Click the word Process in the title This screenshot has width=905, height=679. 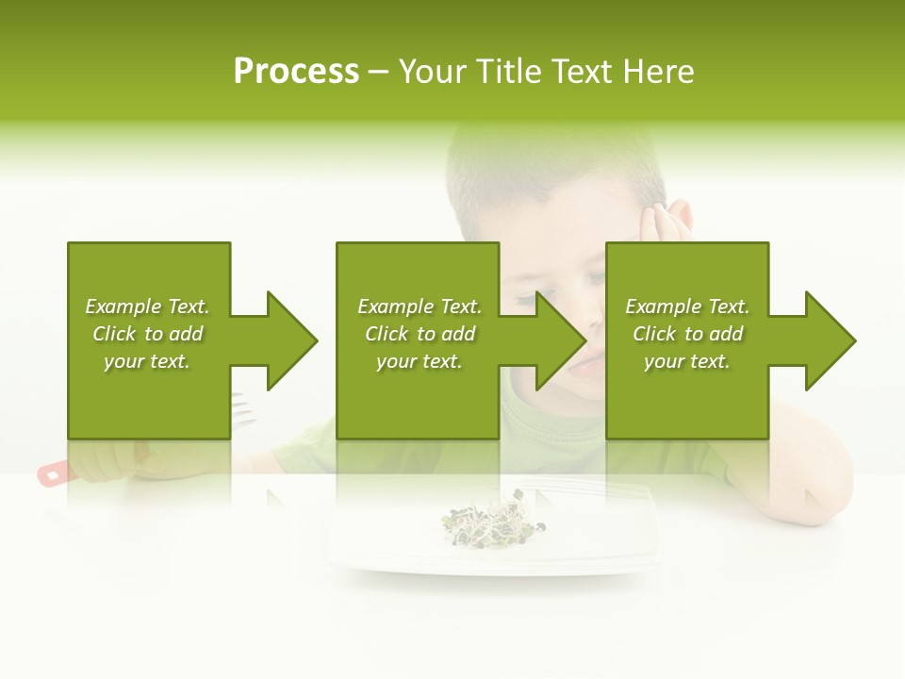(296, 72)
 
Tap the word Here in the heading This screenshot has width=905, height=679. (657, 72)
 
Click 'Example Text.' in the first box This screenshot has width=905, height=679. (147, 306)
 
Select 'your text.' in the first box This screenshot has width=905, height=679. (147, 361)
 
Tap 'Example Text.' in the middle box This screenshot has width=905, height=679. (420, 306)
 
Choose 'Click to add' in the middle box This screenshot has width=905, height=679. (420, 334)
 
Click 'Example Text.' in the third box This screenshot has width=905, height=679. (687, 306)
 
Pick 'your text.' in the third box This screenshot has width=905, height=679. (687, 361)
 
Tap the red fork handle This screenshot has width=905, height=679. (53, 473)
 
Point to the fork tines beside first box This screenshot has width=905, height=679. (243, 409)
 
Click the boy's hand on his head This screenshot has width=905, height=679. (666, 221)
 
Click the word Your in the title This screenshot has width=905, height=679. (433, 72)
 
